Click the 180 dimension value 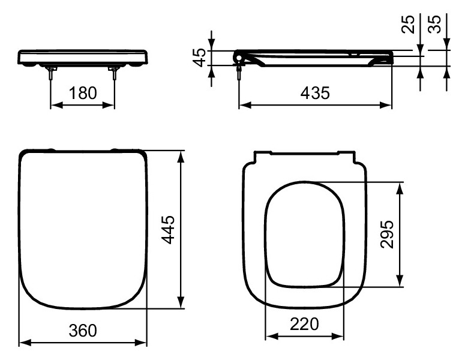[82, 93]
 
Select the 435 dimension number [316, 93]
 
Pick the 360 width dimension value [82, 330]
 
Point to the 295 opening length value [387, 235]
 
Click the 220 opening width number [305, 325]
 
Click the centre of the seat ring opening [305, 235]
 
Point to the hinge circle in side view [239, 58]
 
